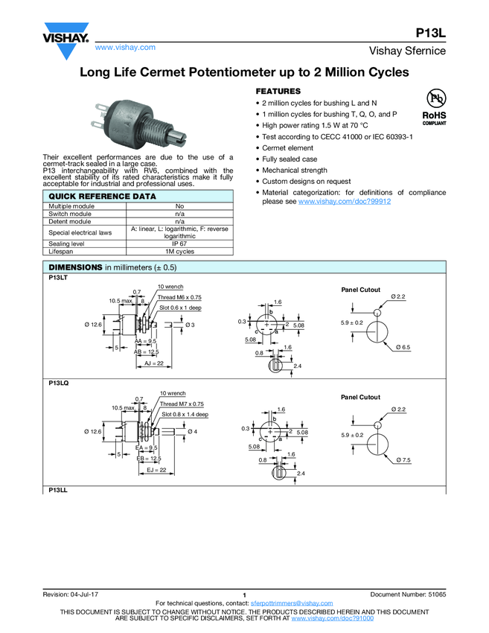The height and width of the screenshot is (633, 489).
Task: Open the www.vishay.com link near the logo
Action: pyautogui.click(x=125, y=47)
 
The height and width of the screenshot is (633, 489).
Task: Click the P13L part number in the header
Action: pyautogui.click(x=430, y=33)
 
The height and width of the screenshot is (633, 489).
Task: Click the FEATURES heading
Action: pyautogui.click(x=278, y=90)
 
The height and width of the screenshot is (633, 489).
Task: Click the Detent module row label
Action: pyautogui.click(x=70, y=221)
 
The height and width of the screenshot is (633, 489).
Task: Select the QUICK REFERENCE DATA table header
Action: pyautogui.click(x=103, y=197)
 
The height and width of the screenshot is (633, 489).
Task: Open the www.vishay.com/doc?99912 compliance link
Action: pyautogui.click(x=345, y=202)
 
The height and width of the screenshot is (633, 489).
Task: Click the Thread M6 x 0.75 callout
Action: pyautogui.click(x=179, y=297)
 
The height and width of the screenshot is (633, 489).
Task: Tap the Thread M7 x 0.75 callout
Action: pyautogui.click(x=182, y=404)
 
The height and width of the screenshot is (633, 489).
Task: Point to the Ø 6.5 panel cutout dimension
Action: pyautogui.click(x=403, y=347)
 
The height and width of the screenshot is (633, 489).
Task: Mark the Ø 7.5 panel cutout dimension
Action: pyautogui.click(x=403, y=461)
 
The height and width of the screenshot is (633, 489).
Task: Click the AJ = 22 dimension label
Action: pyautogui.click(x=155, y=363)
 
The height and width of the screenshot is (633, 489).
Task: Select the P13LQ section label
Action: pyautogui.click(x=59, y=383)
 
